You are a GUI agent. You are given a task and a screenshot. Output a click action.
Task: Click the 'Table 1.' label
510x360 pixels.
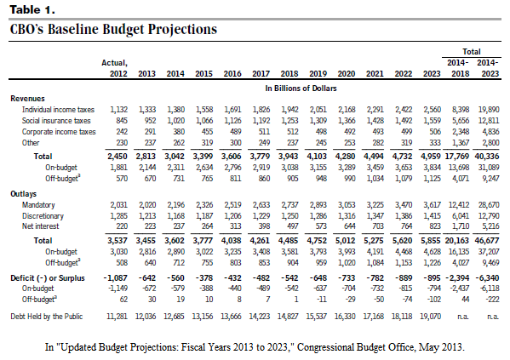tap(32, 9)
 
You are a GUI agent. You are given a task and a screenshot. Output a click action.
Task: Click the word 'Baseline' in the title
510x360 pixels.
tap(73, 29)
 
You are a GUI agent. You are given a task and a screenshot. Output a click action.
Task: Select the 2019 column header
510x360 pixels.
tap(318, 73)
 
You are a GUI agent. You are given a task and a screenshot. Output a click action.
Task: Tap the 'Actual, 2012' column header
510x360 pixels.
tap(114, 68)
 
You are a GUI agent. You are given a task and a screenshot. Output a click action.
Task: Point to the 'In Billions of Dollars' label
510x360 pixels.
tap(301, 89)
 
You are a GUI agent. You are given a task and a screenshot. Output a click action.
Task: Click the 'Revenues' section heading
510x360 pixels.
tap(27, 99)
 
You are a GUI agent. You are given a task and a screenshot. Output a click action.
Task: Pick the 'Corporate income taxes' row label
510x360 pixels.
tap(59, 132)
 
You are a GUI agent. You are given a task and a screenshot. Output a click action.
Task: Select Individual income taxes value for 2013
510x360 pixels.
tap(147, 110)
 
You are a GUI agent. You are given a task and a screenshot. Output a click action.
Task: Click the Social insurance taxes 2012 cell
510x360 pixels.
tap(122, 121)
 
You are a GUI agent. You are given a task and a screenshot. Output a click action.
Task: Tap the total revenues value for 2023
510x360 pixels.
tap(431, 156)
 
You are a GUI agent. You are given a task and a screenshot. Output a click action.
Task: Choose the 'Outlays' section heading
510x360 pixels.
tap(24, 194)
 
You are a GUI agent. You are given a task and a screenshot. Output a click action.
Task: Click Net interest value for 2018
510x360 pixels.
tap(292, 226)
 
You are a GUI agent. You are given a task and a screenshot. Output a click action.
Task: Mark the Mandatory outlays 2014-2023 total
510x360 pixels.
tap(489, 205)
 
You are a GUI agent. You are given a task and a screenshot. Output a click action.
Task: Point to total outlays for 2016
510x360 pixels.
tap(232, 241)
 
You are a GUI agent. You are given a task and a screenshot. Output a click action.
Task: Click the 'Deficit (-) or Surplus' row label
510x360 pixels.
tap(48, 278)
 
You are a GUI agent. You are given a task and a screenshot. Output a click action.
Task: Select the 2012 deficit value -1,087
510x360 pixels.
tap(116, 278)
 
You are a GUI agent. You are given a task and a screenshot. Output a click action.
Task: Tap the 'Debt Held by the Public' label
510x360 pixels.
tap(47, 317)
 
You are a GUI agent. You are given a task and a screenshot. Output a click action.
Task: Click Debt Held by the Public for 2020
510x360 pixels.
tap(345, 317)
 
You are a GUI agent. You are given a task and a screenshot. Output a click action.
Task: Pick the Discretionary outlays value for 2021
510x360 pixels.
tap(375, 216)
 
